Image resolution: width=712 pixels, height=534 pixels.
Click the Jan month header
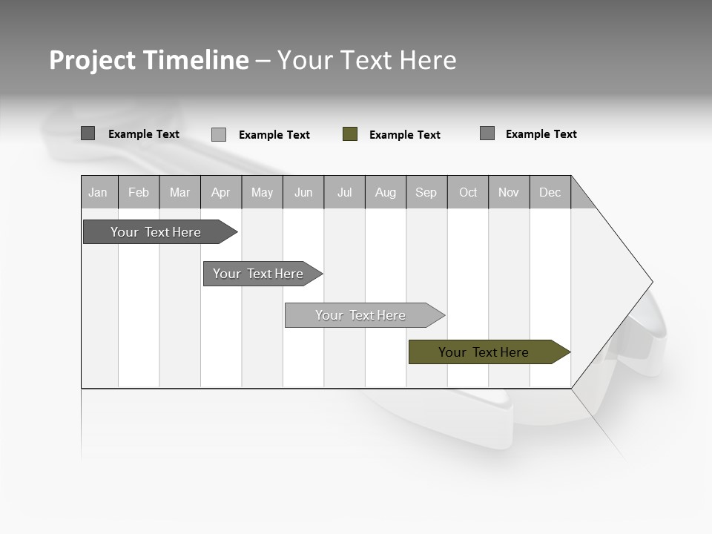tap(98, 193)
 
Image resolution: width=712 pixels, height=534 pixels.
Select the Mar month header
tap(179, 193)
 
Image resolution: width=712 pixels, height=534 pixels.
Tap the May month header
tap(262, 193)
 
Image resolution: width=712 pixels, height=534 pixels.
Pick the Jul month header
tap(344, 193)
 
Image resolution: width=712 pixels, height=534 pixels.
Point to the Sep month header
tap(426, 193)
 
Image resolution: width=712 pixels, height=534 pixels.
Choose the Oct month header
tap(468, 193)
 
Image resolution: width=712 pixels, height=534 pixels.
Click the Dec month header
tap(550, 193)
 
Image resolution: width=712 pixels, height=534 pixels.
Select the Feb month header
tap(139, 193)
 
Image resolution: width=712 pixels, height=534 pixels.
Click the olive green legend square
tap(350, 134)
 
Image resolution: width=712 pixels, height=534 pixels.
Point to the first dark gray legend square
tap(88, 133)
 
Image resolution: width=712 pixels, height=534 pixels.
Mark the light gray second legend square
tap(219, 134)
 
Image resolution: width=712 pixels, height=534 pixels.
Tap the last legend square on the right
tap(487, 133)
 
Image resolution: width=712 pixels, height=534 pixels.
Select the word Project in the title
tap(93, 60)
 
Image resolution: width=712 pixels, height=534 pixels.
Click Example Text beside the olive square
tap(404, 135)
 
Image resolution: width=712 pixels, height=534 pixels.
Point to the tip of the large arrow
tap(651, 282)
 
